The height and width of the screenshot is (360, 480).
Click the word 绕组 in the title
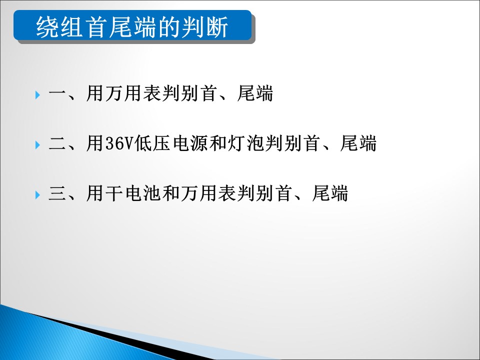tap(59, 27)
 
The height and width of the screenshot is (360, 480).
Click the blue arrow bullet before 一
tap(37, 94)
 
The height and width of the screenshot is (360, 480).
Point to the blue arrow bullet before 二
tap(37, 145)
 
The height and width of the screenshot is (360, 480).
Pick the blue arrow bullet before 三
tap(37, 194)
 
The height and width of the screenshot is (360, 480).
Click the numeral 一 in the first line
tap(57, 93)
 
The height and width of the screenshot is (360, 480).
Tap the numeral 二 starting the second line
tap(57, 143)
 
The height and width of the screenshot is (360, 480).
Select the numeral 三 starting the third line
tap(57, 193)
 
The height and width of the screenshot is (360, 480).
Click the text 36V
tap(119, 143)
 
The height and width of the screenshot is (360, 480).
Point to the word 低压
tap(152, 143)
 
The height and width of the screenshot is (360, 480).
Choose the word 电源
tap(190, 143)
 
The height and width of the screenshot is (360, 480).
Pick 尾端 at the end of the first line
tap(255, 93)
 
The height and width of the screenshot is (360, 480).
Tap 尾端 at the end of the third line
tap(330, 193)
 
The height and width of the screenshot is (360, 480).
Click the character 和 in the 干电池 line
tap(171, 193)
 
